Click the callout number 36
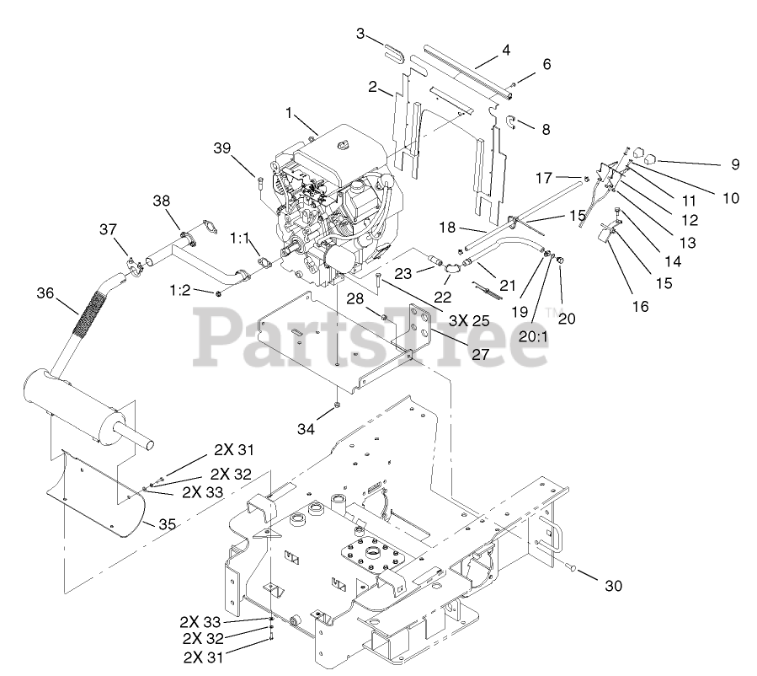(45, 292)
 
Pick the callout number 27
(480, 355)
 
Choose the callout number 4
(505, 50)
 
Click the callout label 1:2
(181, 291)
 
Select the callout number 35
(168, 523)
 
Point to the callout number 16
(641, 307)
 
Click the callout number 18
(447, 228)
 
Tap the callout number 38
(162, 200)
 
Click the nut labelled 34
(336, 405)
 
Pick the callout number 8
(546, 130)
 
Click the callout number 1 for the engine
(289, 112)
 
